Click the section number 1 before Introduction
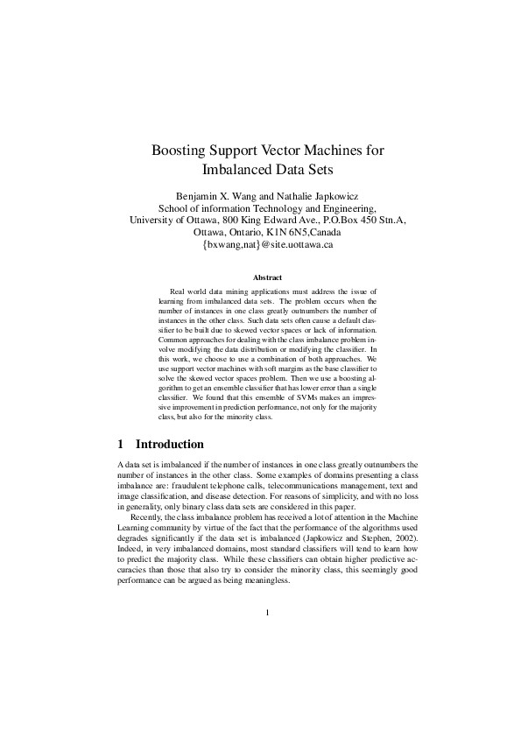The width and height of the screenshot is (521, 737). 121,444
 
